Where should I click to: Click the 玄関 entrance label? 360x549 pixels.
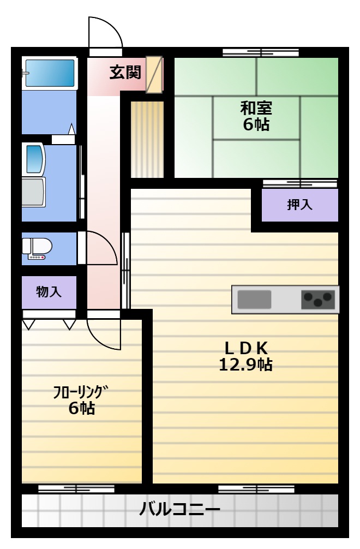(x=125, y=73)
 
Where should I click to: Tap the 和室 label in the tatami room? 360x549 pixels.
(x=256, y=108)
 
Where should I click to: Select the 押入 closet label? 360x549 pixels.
(x=299, y=205)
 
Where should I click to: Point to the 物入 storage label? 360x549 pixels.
(x=49, y=291)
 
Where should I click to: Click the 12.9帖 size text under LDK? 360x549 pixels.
(x=245, y=365)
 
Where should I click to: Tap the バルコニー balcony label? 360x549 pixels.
(x=180, y=509)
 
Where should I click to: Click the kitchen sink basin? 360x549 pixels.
(x=254, y=300)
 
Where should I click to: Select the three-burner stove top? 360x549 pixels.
(x=318, y=300)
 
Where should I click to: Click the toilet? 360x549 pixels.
(x=37, y=249)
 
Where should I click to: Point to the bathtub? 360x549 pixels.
(x=50, y=73)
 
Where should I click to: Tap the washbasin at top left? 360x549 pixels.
(x=35, y=159)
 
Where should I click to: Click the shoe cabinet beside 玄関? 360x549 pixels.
(x=154, y=75)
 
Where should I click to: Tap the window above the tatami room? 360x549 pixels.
(x=261, y=53)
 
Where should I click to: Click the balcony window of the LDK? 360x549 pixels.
(x=256, y=489)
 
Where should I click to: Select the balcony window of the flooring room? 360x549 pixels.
(x=76, y=489)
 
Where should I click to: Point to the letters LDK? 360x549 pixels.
(x=246, y=348)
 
